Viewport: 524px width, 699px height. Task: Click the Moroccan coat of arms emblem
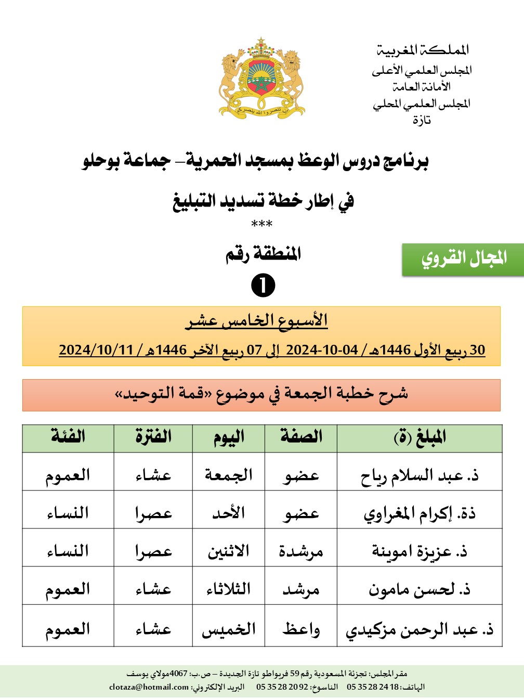(261, 77)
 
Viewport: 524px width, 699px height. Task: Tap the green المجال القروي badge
(463, 258)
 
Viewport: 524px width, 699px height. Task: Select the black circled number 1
(263, 286)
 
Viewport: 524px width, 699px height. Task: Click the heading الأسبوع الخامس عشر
(257, 320)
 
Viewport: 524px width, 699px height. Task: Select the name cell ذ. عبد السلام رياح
(420, 475)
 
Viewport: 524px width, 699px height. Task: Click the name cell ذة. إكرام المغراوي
(420, 514)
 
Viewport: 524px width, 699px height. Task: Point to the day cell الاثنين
(229, 551)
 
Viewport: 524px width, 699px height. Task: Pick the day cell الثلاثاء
(229, 589)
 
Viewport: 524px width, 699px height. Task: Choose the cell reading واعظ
(301, 629)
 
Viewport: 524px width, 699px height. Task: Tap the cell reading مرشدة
(301, 551)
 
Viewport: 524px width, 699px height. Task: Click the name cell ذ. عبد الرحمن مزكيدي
(420, 630)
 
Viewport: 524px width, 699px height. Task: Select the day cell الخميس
(229, 629)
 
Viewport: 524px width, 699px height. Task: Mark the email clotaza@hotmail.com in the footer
(149, 687)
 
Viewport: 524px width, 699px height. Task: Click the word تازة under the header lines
(422, 120)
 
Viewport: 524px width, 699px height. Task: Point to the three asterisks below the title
(261, 224)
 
